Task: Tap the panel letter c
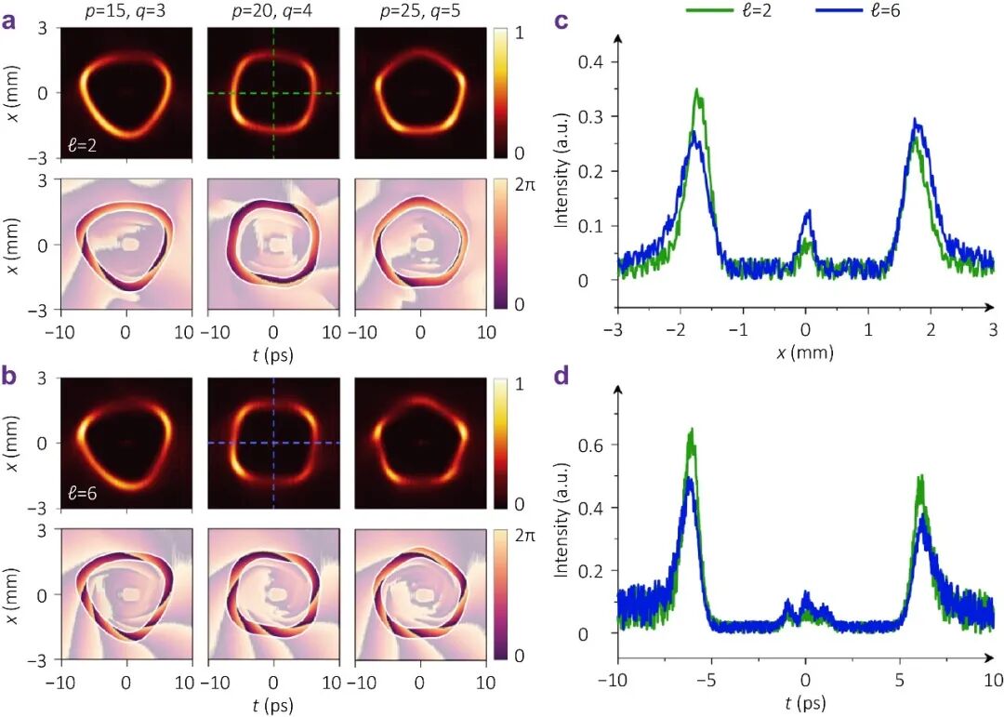[x=561, y=20]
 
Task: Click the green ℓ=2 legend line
[x=707, y=11]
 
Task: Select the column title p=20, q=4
[x=273, y=11]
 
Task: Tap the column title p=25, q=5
[x=420, y=11]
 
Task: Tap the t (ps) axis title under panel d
[x=805, y=703]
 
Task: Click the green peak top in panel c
[x=696, y=89]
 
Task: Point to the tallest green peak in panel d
[x=691, y=430]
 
